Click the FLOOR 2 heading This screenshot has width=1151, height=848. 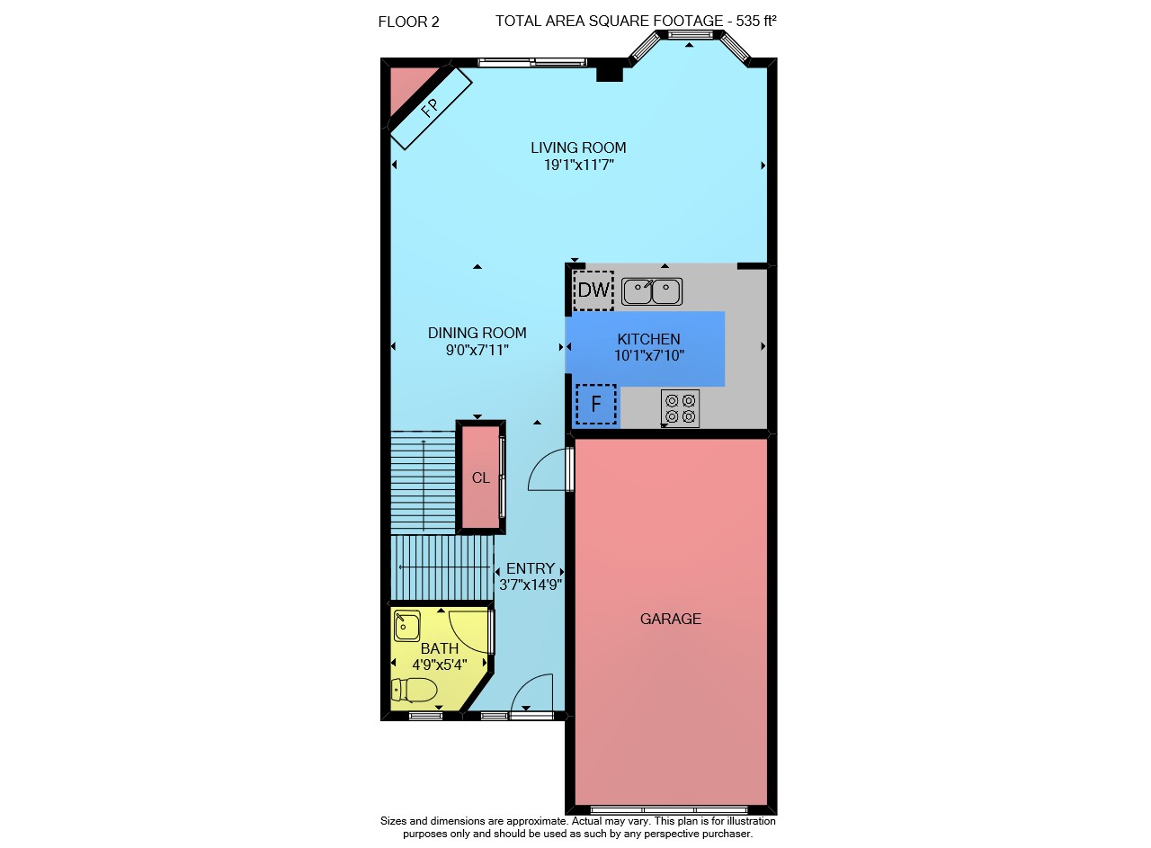point(408,22)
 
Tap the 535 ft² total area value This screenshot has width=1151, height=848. point(756,21)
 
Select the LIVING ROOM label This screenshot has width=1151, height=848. point(578,148)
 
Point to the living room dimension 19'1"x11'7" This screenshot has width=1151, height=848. point(579,165)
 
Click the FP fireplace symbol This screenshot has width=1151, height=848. point(430,107)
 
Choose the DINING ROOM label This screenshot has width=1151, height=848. point(477,333)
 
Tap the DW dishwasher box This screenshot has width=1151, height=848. point(593,290)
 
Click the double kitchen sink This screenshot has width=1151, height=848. point(652,291)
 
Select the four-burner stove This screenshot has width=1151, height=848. point(680,408)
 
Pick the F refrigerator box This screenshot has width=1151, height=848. point(596,404)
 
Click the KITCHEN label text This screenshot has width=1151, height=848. point(648,339)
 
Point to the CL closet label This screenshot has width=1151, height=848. point(480,478)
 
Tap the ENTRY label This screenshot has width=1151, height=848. point(531,568)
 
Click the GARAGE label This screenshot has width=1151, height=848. point(671,619)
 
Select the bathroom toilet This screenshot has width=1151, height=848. point(415,690)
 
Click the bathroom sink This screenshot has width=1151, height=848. point(407,626)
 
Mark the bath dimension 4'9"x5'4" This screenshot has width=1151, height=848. point(440,665)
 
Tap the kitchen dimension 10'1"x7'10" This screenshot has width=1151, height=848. point(649,355)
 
